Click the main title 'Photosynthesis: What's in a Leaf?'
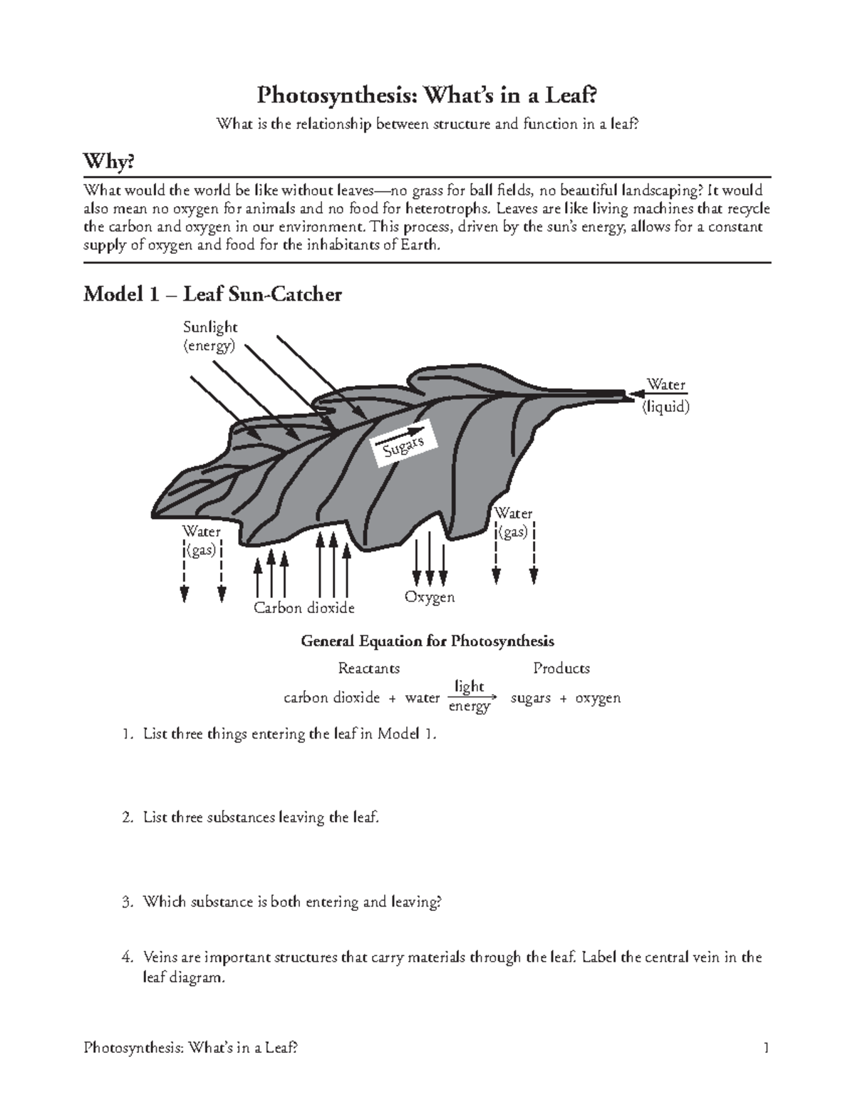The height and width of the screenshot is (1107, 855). (x=427, y=94)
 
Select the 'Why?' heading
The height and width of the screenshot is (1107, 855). (x=108, y=163)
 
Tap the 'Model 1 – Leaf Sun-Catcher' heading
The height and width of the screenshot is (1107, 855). (x=212, y=294)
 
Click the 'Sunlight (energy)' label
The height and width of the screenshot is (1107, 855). (x=210, y=336)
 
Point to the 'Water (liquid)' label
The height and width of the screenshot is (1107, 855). (x=665, y=396)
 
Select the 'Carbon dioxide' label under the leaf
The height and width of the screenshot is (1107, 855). (x=304, y=608)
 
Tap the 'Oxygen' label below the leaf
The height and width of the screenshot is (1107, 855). (x=430, y=597)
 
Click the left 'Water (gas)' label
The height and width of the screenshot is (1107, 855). (x=202, y=540)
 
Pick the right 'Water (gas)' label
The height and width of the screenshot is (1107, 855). (x=514, y=522)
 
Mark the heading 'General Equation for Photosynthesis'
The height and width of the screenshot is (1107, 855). (x=427, y=641)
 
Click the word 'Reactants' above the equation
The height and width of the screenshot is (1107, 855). (x=368, y=669)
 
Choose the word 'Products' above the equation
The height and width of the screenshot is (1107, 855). (x=561, y=669)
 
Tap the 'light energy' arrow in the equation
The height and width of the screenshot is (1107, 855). (x=470, y=696)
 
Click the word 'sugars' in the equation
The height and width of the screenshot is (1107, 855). (x=531, y=698)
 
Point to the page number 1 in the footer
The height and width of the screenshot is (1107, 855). (x=766, y=1048)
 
